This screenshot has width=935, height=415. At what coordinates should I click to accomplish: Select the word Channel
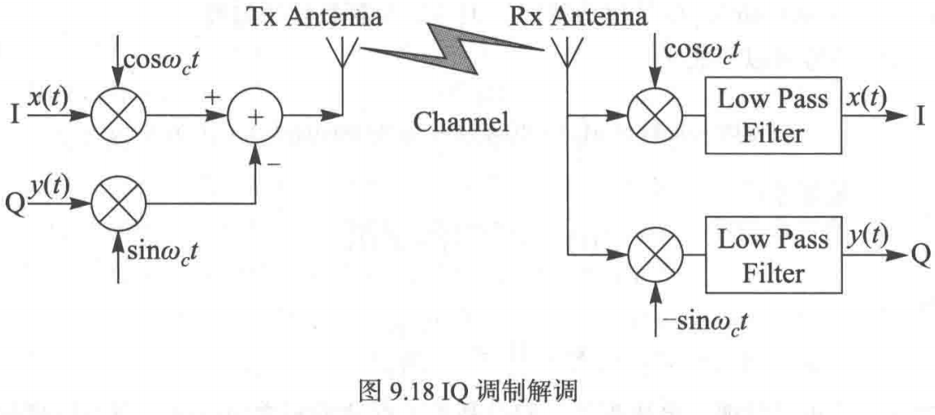pos(460,123)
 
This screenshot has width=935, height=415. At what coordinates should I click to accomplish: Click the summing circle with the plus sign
pos(256,117)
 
